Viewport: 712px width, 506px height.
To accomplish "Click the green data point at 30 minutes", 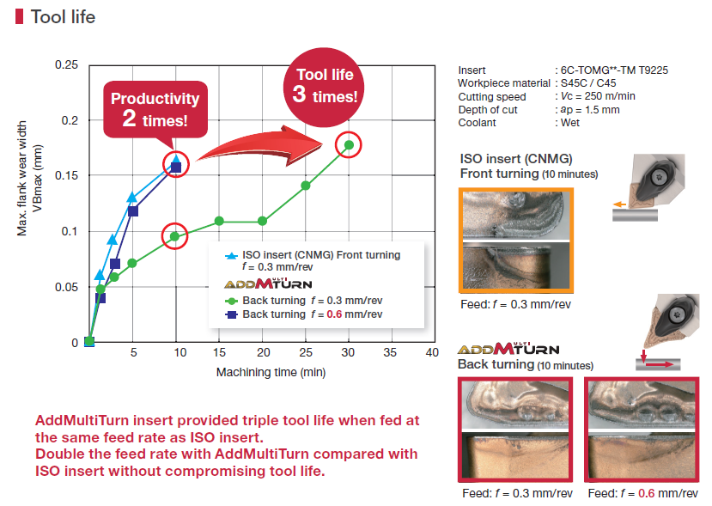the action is point(349,145).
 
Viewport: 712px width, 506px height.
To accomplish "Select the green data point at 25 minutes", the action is point(306,186).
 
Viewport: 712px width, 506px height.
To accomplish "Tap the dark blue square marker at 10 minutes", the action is point(176,168).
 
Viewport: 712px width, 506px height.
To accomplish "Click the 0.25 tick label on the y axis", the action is point(66,64).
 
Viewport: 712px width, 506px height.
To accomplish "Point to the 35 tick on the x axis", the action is point(390,352).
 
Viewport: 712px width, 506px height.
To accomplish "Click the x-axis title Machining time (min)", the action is point(271,372).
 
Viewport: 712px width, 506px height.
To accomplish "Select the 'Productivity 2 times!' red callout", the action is point(155,109).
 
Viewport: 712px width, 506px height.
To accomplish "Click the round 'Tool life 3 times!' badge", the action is point(324,88).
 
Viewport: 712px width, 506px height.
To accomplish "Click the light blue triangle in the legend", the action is point(232,256).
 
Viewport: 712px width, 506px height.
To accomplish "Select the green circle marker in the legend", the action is point(232,301).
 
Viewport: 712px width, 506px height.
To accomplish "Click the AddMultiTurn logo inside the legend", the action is point(268,283).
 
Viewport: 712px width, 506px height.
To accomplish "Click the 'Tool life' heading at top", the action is point(63,17).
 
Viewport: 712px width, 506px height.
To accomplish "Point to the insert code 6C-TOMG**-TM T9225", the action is point(614,70).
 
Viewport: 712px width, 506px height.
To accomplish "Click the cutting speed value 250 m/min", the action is point(610,96).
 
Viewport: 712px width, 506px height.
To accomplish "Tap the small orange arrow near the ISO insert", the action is point(620,204).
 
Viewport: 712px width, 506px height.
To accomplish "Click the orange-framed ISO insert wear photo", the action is point(516,241).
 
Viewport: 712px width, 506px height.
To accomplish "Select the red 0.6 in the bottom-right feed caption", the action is point(646,493).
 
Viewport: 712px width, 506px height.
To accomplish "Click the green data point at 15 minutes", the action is point(219,221).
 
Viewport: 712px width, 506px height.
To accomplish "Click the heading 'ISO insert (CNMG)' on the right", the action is point(516,159).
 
